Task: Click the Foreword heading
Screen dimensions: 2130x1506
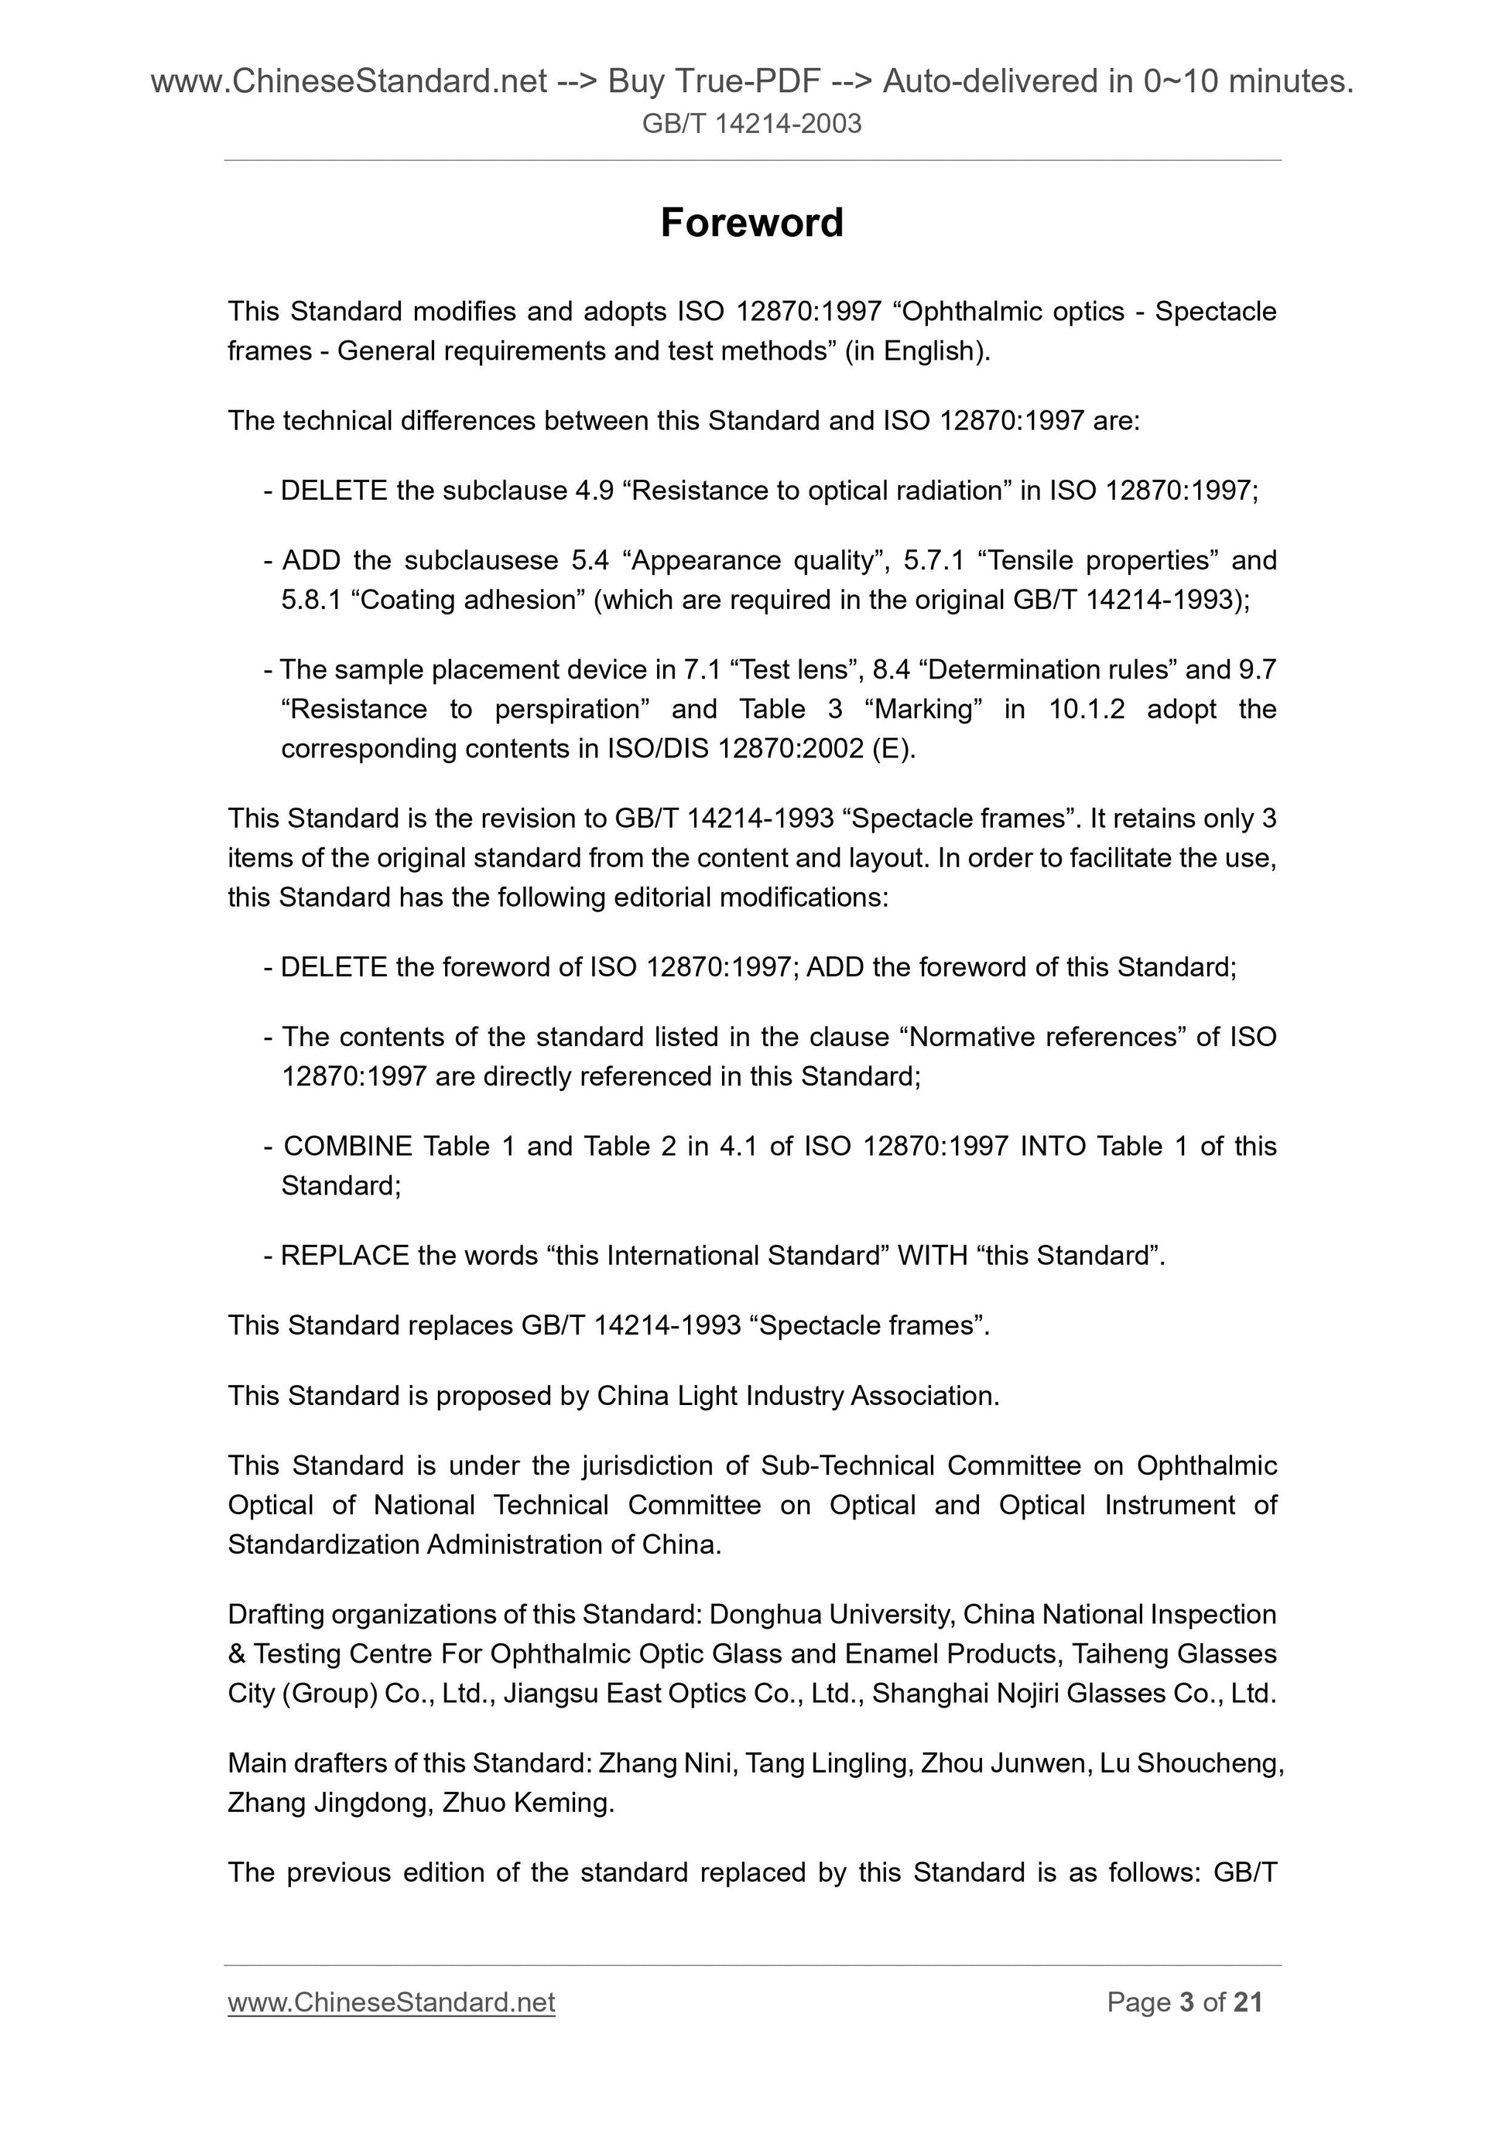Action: tap(751, 224)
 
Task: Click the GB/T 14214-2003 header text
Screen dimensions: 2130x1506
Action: tap(751, 123)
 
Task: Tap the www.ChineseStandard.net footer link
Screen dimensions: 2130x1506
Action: tap(391, 2002)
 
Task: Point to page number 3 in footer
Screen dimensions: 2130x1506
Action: tap(1186, 2002)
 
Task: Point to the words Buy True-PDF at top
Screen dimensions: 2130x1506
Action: tap(714, 82)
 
